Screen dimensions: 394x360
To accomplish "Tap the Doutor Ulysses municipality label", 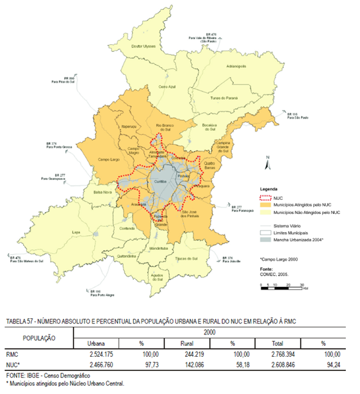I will click(x=143, y=46).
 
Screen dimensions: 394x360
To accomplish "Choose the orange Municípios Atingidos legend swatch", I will click(x=266, y=205).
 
